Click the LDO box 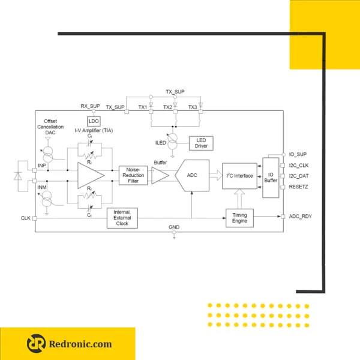pyautogui.click(x=94, y=121)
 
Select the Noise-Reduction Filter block pyautogui.click(x=133, y=175)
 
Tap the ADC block pyautogui.click(x=192, y=175)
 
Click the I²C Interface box pyautogui.click(x=239, y=176)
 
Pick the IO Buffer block pyautogui.click(x=271, y=178)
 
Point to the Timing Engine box pyautogui.click(x=239, y=218)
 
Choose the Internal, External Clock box pyautogui.click(x=122, y=218)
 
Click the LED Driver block pyautogui.click(x=201, y=143)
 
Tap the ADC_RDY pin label pyautogui.click(x=301, y=216)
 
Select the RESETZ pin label pyautogui.click(x=298, y=187)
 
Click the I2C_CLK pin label pyautogui.click(x=299, y=166)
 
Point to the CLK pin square pyautogui.click(x=35, y=218)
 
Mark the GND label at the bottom pyautogui.click(x=174, y=227)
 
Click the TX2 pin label pyautogui.click(x=167, y=107)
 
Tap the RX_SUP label pyautogui.click(x=90, y=106)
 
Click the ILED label pyautogui.click(x=160, y=143)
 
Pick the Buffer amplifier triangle pyautogui.click(x=160, y=176)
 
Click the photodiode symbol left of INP pyautogui.click(x=18, y=176)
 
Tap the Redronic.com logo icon pyautogui.click(x=36, y=343)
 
